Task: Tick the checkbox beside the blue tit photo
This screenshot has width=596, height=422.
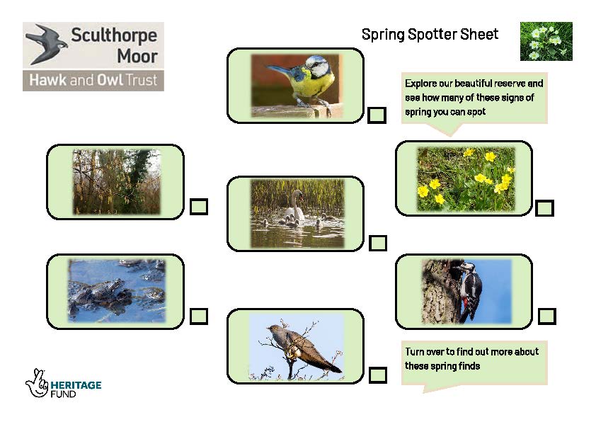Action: [377, 115]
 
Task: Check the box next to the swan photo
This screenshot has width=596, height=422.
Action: [378, 243]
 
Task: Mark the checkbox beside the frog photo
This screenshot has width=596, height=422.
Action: [198, 316]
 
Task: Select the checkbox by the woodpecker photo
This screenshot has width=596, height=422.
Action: [547, 316]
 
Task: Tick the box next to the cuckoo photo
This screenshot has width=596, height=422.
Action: [378, 375]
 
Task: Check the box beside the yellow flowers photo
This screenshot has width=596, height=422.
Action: [544, 208]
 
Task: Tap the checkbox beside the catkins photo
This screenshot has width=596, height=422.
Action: [198, 207]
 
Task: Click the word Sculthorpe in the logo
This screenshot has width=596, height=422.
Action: [114, 35]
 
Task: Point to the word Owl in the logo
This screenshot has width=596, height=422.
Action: [110, 80]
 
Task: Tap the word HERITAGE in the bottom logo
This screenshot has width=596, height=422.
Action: [76, 385]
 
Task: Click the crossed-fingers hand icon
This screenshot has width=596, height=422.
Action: [37, 383]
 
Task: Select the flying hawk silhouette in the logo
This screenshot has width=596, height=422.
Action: [46, 44]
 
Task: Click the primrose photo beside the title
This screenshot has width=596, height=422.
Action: [546, 41]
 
